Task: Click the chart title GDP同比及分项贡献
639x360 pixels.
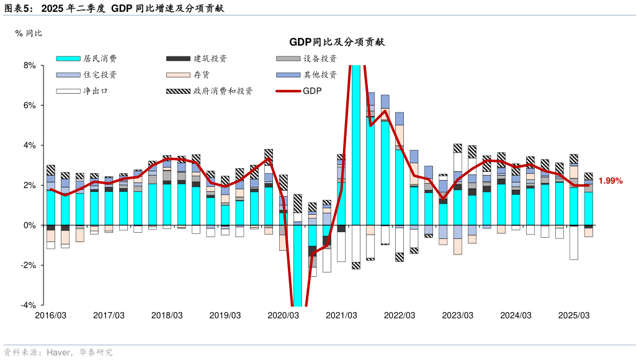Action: pos(337,42)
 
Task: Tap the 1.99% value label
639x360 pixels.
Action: pos(610,181)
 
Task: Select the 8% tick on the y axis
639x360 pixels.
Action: pos(29,65)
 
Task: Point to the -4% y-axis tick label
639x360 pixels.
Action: pos(27,305)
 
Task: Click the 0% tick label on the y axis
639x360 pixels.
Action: pos(29,225)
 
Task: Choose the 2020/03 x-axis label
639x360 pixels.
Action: pos(284,315)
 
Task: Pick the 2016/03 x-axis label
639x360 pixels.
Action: pos(51,315)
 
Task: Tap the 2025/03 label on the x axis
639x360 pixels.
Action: pos(574,315)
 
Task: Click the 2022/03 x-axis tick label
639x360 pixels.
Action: pos(400,315)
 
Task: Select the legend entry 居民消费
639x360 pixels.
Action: pos(99,59)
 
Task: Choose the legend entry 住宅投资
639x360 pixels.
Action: pos(99,75)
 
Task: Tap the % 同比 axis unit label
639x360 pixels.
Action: pos(29,33)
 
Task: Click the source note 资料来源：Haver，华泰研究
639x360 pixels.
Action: pos(59,353)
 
